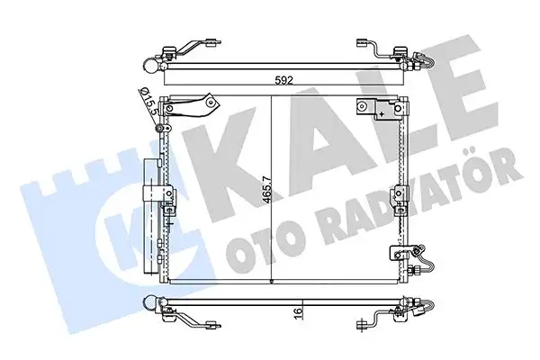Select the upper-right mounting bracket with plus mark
(x=376, y=110)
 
